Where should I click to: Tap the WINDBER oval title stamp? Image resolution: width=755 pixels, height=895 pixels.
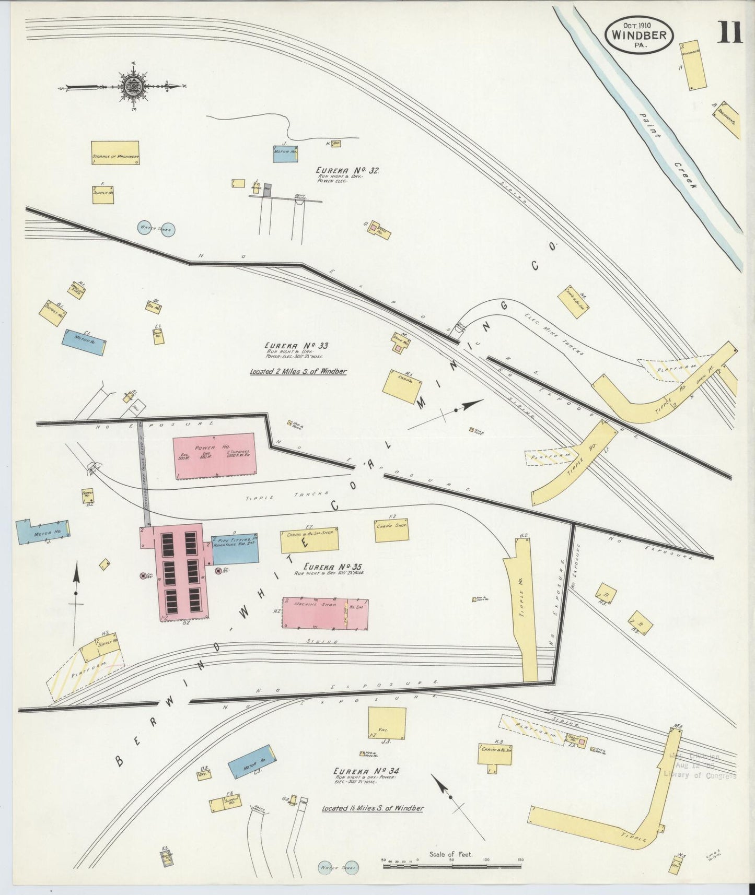click(x=639, y=34)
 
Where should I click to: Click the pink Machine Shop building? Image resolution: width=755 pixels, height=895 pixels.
click(x=324, y=613)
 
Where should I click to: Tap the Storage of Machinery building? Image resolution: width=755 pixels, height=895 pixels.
click(x=115, y=152)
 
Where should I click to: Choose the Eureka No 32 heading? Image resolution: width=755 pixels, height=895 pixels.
click(x=347, y=171)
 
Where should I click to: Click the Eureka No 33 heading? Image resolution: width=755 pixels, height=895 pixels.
click(x=296, y=346)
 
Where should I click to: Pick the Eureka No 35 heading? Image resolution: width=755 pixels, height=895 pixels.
click(x=335, y=567)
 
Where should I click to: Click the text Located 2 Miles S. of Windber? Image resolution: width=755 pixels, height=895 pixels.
click(x=298, y=372)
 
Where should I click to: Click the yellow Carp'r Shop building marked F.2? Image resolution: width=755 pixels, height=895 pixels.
click(x=391, y=530)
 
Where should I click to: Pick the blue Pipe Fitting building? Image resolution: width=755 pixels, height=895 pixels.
click(x=235, y=549)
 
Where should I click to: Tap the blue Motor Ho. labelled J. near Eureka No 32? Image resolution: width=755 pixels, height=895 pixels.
click(x=285, y=153)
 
